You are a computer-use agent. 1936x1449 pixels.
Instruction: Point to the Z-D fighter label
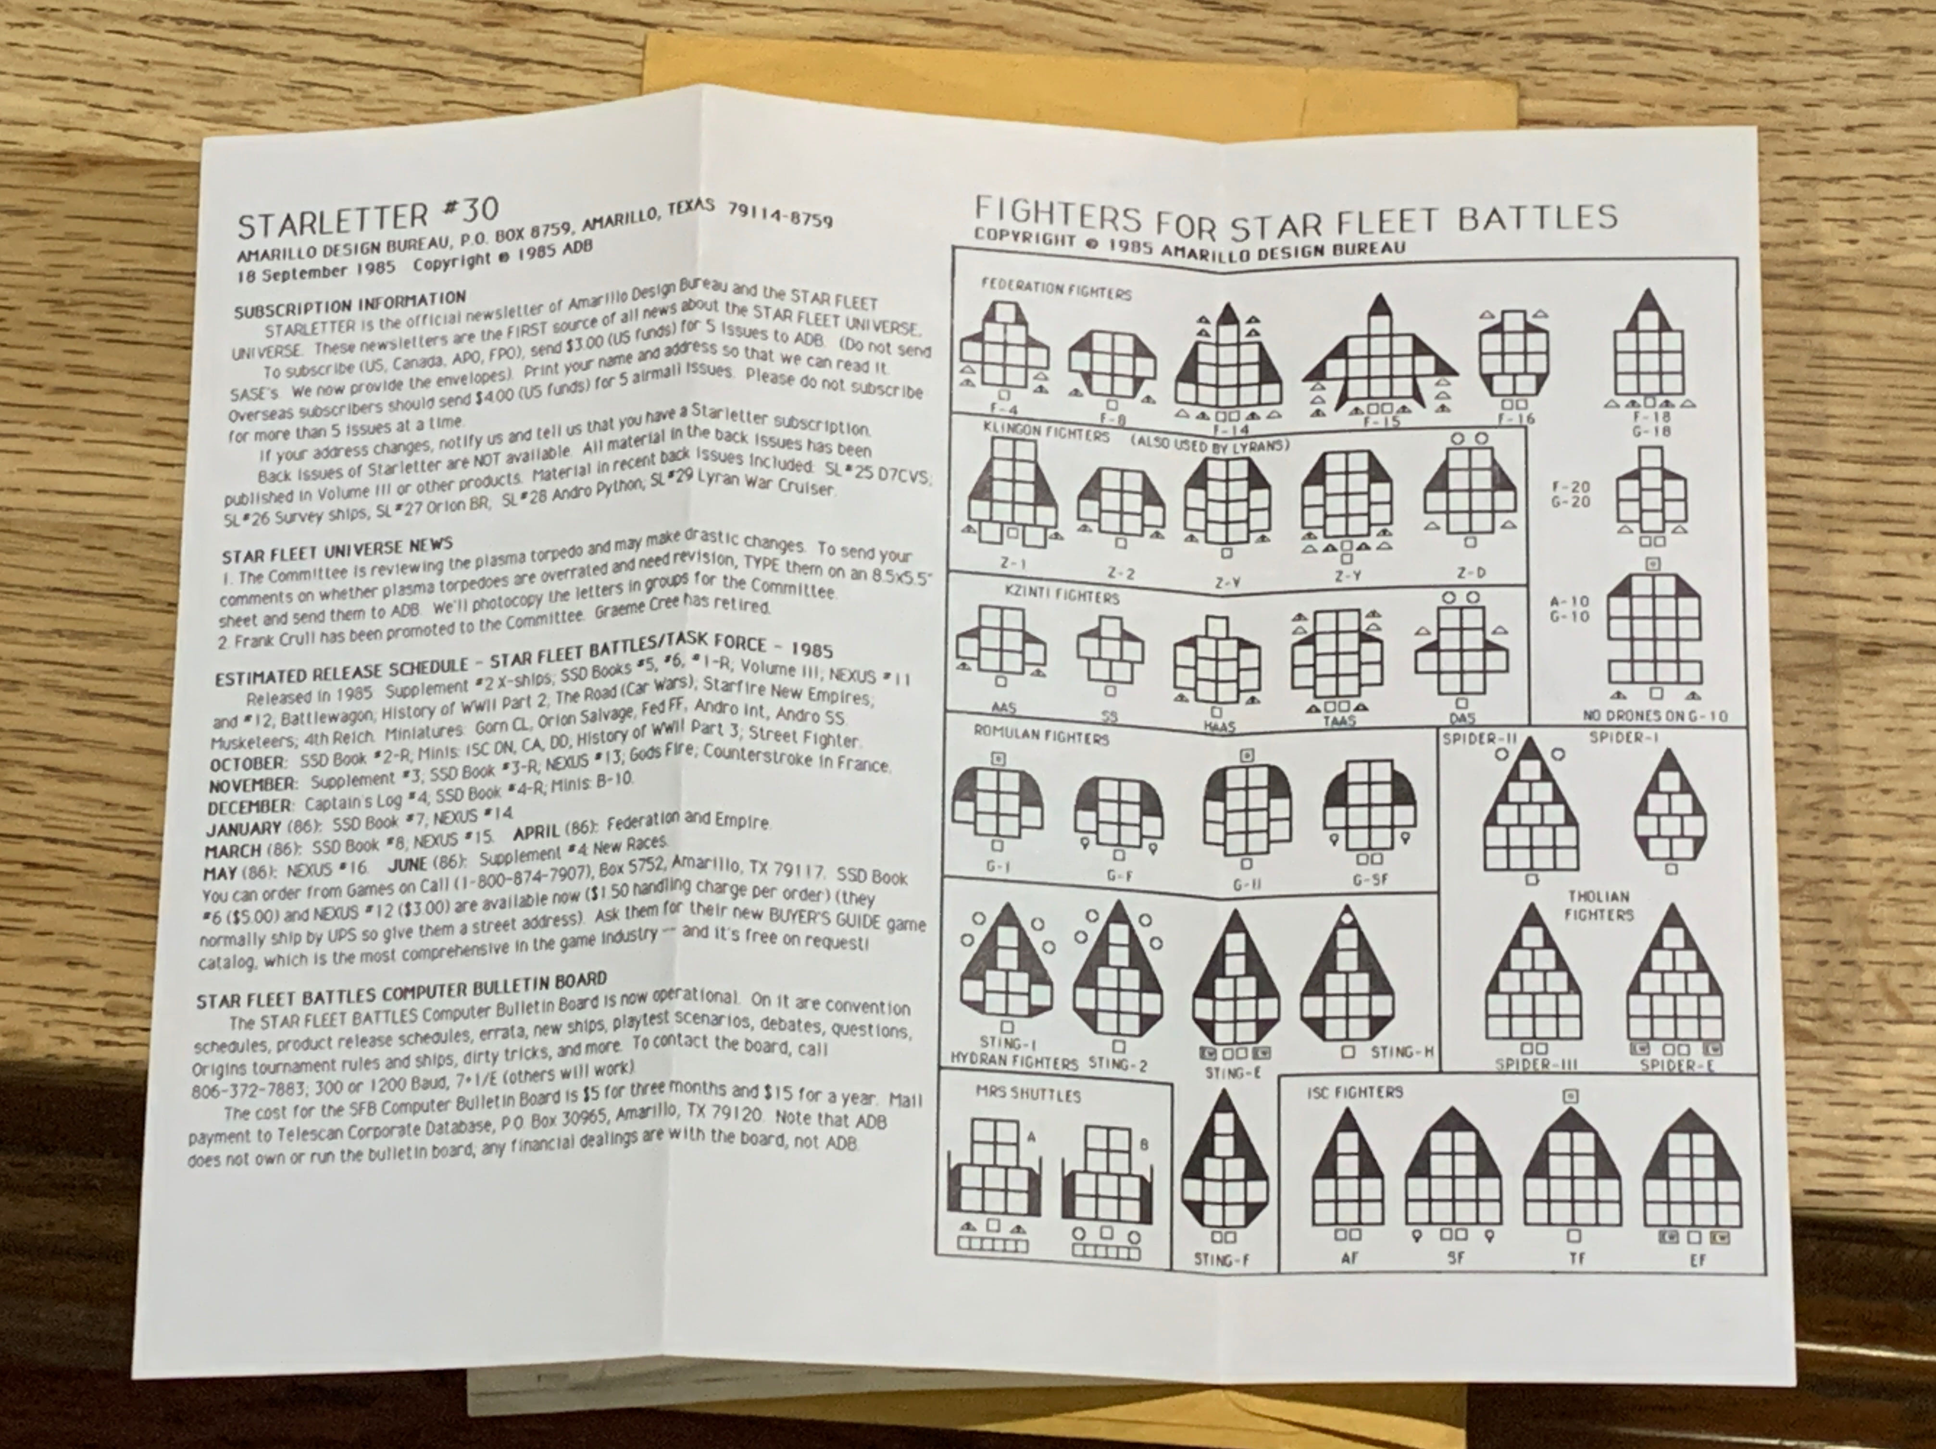point(1470,572)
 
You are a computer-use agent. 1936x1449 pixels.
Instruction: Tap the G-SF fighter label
point(1370,879)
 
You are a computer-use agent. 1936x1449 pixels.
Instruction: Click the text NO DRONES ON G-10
point(1655,716)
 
